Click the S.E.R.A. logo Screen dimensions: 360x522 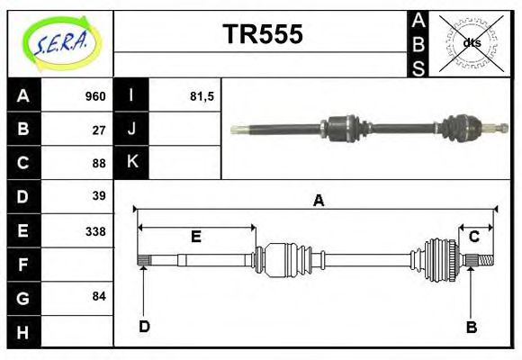59,43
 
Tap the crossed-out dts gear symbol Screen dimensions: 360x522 471,42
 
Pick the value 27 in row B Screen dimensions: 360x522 99,130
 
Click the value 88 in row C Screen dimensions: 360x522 99,163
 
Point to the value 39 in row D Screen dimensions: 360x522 99,195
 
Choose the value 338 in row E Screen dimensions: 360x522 94,231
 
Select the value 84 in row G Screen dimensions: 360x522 99,296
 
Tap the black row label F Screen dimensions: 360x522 23,265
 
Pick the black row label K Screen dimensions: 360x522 131,163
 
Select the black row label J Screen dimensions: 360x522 131,130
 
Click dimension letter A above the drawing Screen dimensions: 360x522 318,201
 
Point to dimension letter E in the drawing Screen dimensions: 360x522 195,237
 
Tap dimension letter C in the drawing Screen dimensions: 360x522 473,237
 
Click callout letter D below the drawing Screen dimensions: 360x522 144,326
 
